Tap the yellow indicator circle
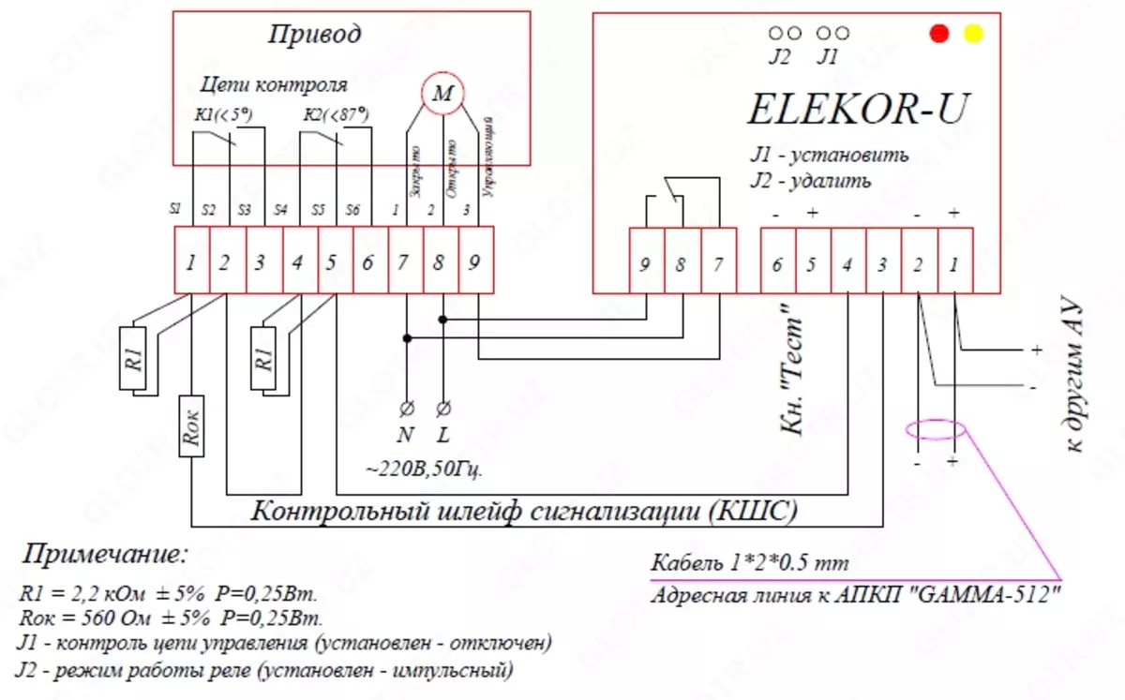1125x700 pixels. tap(973, 34)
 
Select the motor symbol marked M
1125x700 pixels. tap(441, 92)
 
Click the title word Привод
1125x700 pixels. tap(314, 36)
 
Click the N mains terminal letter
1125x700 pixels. tap(406, 437)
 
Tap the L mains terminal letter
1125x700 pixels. tap(443, 437)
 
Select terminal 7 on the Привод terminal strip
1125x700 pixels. tap(404, 263)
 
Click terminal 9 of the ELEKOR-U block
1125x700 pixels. tap(644, 265)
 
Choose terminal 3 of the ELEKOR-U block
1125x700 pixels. tap(882, 265)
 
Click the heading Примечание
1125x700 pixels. tap(105, 554)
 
